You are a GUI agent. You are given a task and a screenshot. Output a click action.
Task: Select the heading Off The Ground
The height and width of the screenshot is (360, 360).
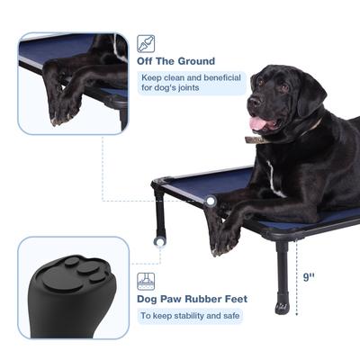(175, 61)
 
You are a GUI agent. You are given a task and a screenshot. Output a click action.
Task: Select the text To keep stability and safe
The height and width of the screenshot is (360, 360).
(189, 315)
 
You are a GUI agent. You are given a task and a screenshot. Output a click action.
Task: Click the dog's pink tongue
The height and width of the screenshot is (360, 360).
(258, 123)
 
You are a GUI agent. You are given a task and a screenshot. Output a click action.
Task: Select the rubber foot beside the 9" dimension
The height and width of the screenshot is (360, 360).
(283, 306)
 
